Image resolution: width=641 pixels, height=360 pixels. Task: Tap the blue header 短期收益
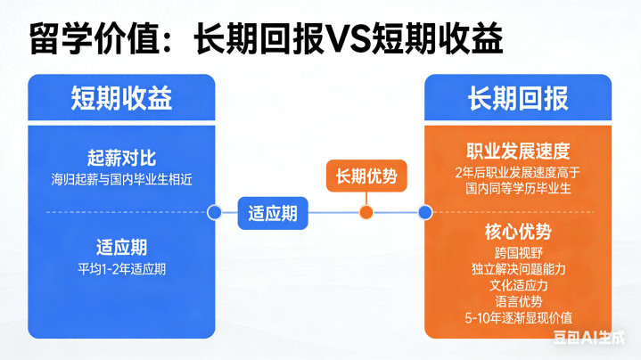121,99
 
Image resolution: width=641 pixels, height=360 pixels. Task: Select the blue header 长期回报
518,99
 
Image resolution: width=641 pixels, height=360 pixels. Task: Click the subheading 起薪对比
121,158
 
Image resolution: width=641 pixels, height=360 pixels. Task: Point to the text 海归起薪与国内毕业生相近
121,179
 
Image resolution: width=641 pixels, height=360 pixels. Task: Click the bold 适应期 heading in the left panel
121,247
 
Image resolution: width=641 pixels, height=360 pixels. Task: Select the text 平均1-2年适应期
121,268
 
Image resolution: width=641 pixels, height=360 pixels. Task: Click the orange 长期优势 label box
366,175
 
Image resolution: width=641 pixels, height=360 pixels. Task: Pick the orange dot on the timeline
366,212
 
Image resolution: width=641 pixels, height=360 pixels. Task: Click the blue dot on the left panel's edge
214,212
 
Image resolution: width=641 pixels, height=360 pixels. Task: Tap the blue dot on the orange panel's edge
425,212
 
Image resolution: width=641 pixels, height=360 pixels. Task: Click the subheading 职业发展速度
518,150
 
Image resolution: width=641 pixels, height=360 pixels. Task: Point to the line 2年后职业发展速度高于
518,170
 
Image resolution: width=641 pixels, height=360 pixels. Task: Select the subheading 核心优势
518,233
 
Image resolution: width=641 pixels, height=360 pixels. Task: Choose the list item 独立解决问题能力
518,269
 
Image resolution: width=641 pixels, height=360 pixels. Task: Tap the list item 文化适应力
518,285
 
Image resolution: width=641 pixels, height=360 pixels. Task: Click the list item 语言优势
518,301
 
